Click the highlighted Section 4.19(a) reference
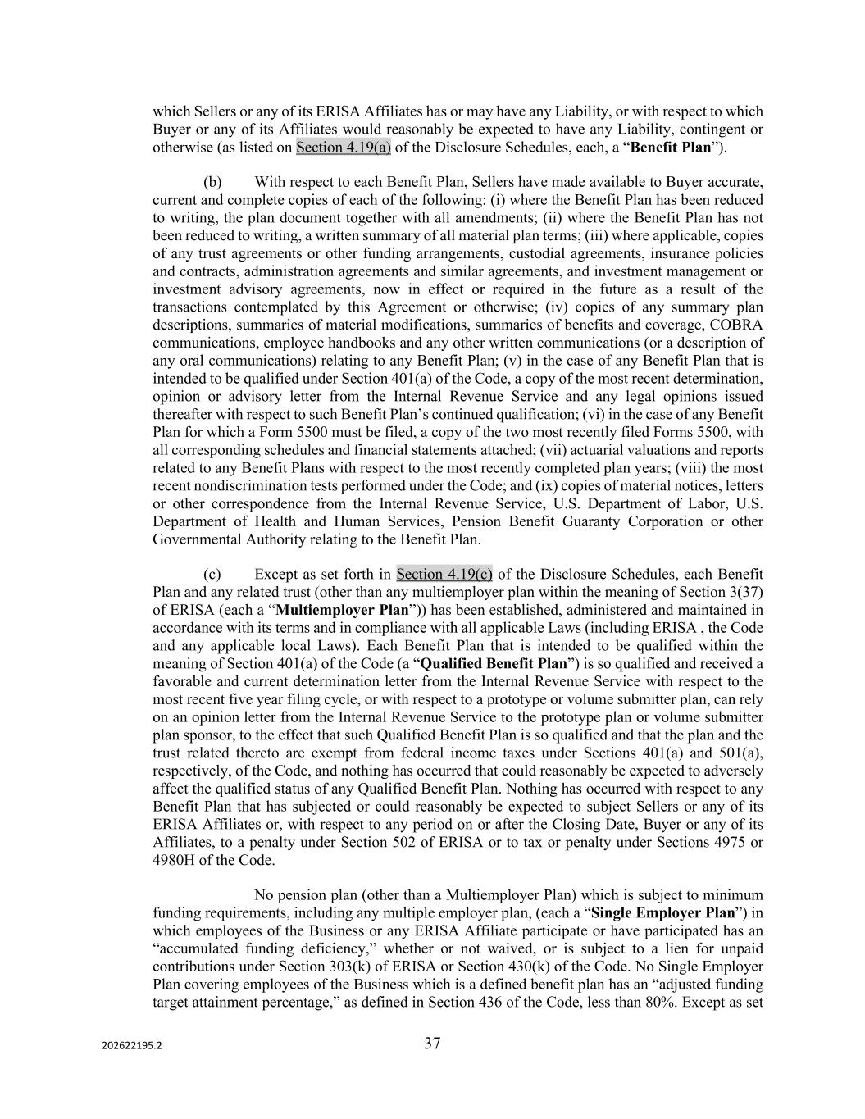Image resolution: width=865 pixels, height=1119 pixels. click(343, 148)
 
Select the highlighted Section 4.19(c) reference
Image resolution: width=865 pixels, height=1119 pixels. click(444, 574)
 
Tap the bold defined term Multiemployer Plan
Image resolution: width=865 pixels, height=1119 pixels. click(342, 610)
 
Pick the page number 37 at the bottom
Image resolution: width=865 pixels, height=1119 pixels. click(432, 1044)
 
